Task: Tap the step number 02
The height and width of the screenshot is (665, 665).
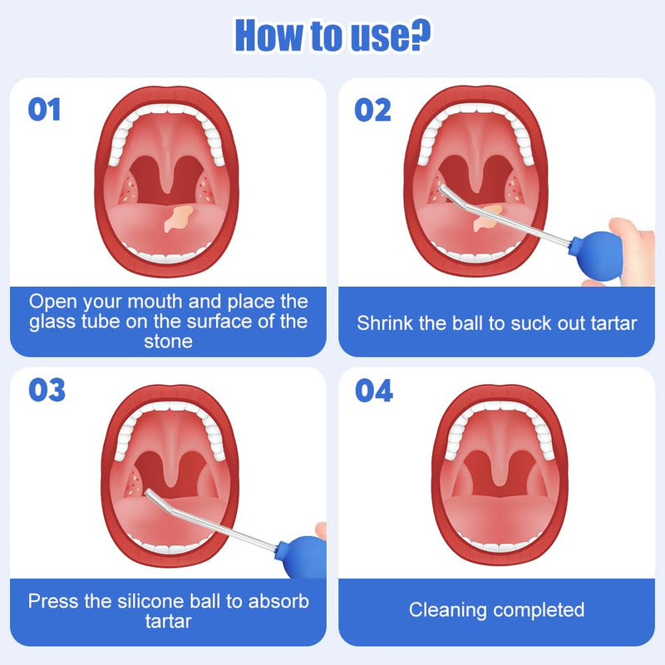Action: click(372, 109)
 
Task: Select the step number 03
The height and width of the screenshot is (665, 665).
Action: click(47, 390)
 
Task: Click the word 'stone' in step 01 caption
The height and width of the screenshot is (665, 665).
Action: click(168, 342)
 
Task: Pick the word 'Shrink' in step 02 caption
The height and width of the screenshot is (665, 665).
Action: click(387, 323)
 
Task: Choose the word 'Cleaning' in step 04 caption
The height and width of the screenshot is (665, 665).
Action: click(449, 609)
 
